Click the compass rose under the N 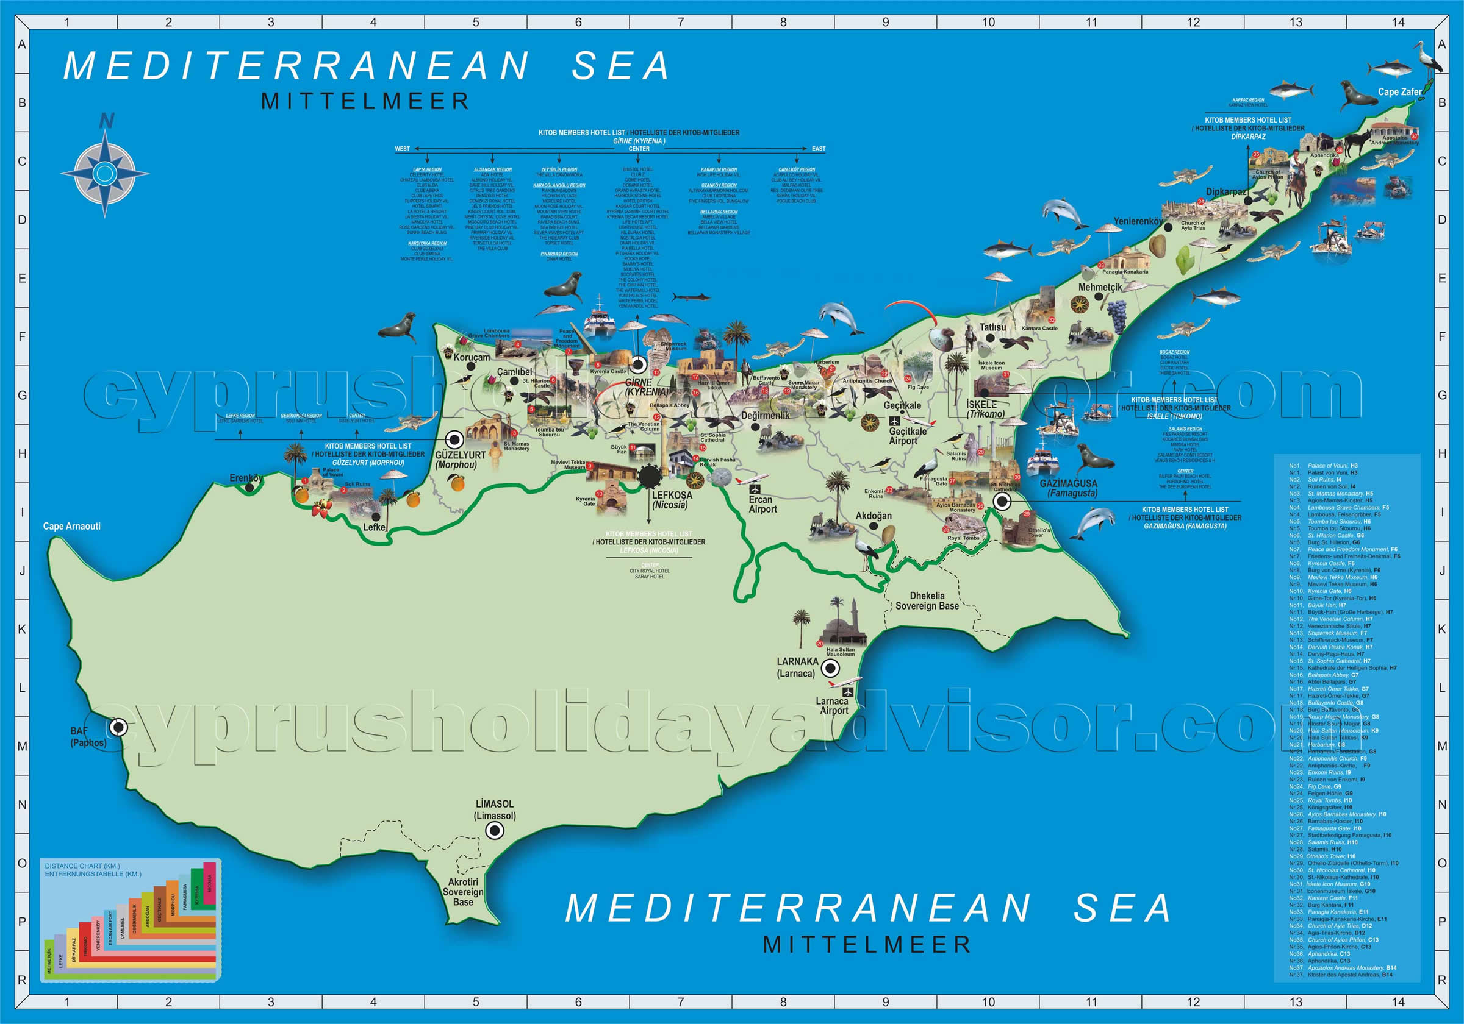click(104, 172)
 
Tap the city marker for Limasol click(494, 830)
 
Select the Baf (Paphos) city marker click(118, 727)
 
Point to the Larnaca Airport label click(833, 705)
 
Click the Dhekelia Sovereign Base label click(927, 601)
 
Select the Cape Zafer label click(1399, 92)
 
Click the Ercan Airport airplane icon click(756, 489)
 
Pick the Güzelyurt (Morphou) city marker click(454, 439)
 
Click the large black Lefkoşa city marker click(649, 476)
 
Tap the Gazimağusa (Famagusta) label click(1068, 488)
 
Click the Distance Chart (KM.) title click(83, 866)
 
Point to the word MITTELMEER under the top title click(365, 101)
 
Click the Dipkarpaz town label click(1225, 192)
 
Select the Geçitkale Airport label click(907, 436)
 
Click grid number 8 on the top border click(783, 23)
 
